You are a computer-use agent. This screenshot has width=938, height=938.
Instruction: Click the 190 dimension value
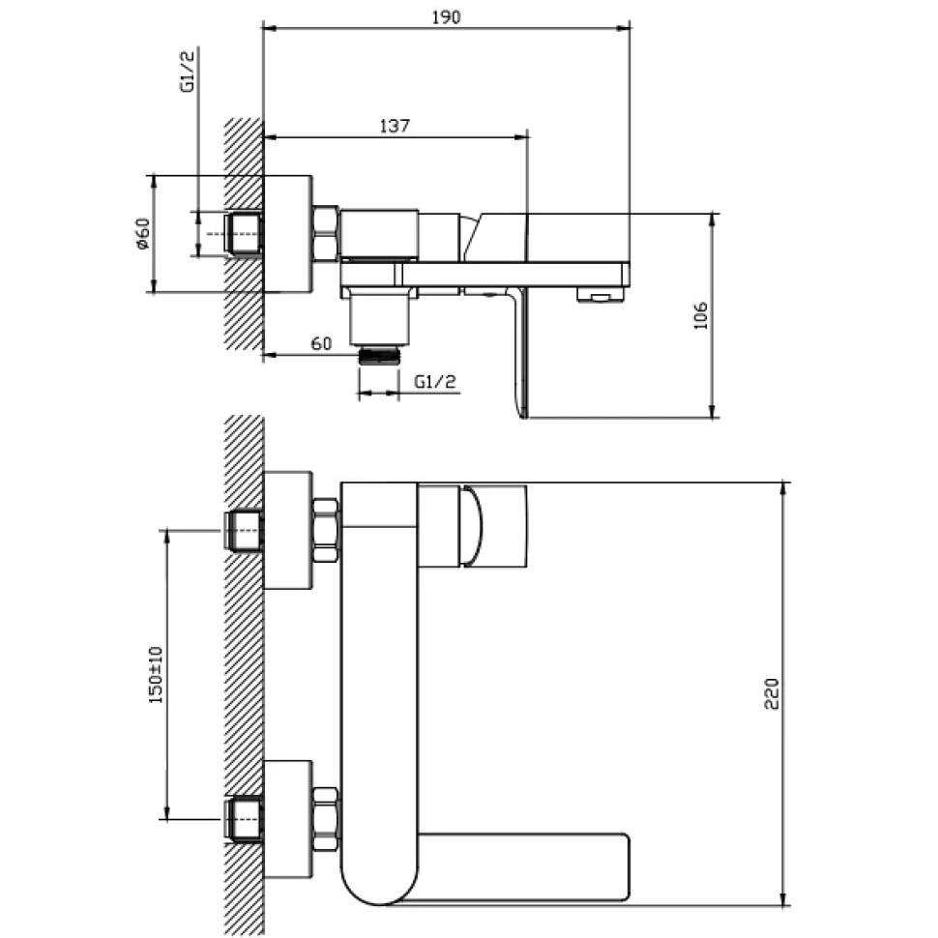pyautogui.click(x=446, y=17)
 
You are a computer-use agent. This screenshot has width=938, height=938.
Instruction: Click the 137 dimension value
pyautogui.click(x=395, y=127)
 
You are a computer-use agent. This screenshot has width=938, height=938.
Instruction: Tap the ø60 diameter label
pyautogui.click(x=142, y=234)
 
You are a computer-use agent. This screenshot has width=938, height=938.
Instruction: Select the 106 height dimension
pyautogui.click(x=700, y=315)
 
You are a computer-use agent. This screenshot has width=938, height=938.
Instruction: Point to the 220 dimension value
pyautogui.click(x=772, y=694)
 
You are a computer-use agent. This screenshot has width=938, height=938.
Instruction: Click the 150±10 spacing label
pyautogui.click(x=156, y=675)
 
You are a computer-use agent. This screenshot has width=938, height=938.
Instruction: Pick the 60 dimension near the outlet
pyautogui.click(x=321, y=344)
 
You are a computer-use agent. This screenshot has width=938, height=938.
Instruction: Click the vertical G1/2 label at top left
pyautogui.click(x=188, y=72)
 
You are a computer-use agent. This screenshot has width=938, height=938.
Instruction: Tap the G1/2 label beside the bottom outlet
pyautogui.click(x=435, y=381)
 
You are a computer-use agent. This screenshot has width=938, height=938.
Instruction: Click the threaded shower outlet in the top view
pyautogui.click(x=379, y=356)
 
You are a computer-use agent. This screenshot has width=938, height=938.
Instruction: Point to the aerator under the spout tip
pyautogui.click(x=600, y=294)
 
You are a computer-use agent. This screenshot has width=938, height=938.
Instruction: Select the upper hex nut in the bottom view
pyautogui.click(x=326, y=530)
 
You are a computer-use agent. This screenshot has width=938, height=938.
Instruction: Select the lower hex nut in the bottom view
pyautogui.click(x=326, y=819)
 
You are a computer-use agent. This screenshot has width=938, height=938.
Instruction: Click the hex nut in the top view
pyautogui.click(x=326, y=233)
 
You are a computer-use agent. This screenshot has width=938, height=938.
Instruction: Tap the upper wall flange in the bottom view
pyautogui.click(x=288, y=530)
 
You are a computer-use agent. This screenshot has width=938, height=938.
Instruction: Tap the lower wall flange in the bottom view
pyautogui.click(x=288, y=820)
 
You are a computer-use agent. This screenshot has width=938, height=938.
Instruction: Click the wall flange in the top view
pyautogui.click(x=288, y=234)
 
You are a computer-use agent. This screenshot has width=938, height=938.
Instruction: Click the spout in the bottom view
pyautogui.click(x=523, y=866)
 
